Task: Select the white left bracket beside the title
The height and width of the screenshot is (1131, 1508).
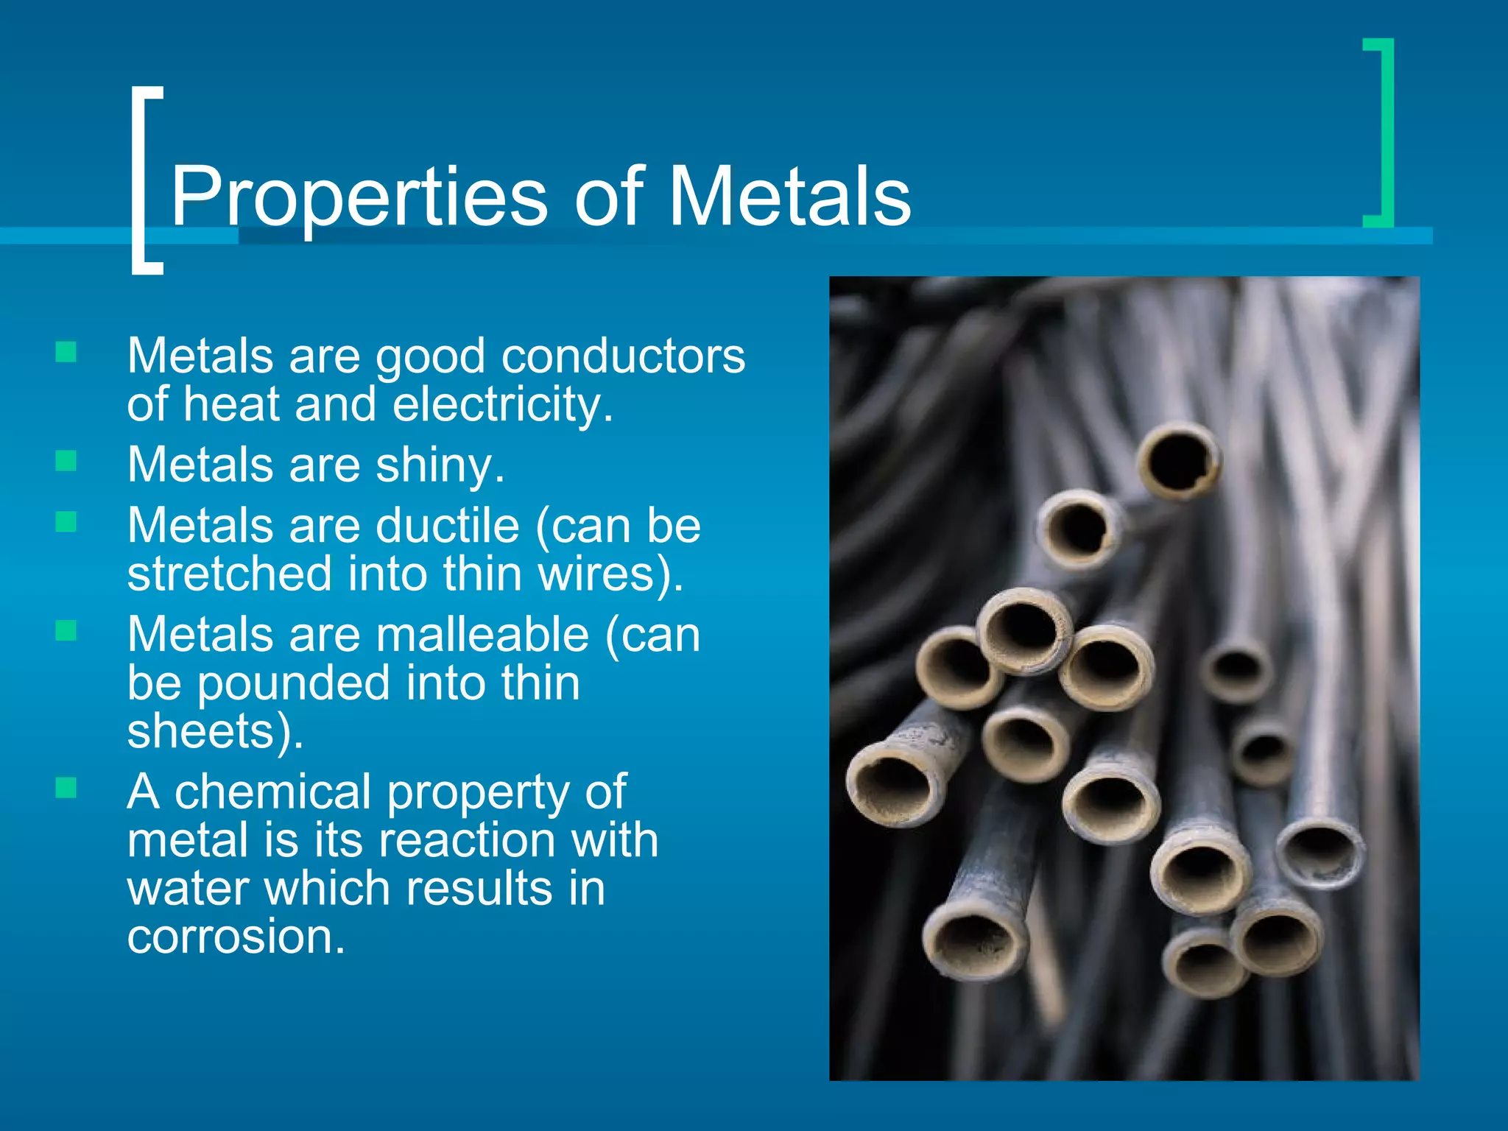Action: coord(144,180)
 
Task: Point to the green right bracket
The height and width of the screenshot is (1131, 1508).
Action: coord(1381,133)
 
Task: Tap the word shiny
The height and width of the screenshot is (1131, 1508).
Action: coord(440,465)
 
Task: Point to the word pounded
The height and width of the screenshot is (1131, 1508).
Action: coord(294,683)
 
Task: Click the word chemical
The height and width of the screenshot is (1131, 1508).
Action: coord(273,792)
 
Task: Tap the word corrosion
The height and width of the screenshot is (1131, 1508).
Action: coord(236,937)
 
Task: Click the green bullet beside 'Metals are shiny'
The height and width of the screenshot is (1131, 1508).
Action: coord(66,461)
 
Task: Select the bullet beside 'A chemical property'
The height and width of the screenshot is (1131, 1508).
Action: coord(66,788)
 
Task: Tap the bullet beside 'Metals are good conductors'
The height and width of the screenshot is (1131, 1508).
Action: coord(66,352)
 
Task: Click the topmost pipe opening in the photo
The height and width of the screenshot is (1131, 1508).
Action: coord(1178,460)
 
